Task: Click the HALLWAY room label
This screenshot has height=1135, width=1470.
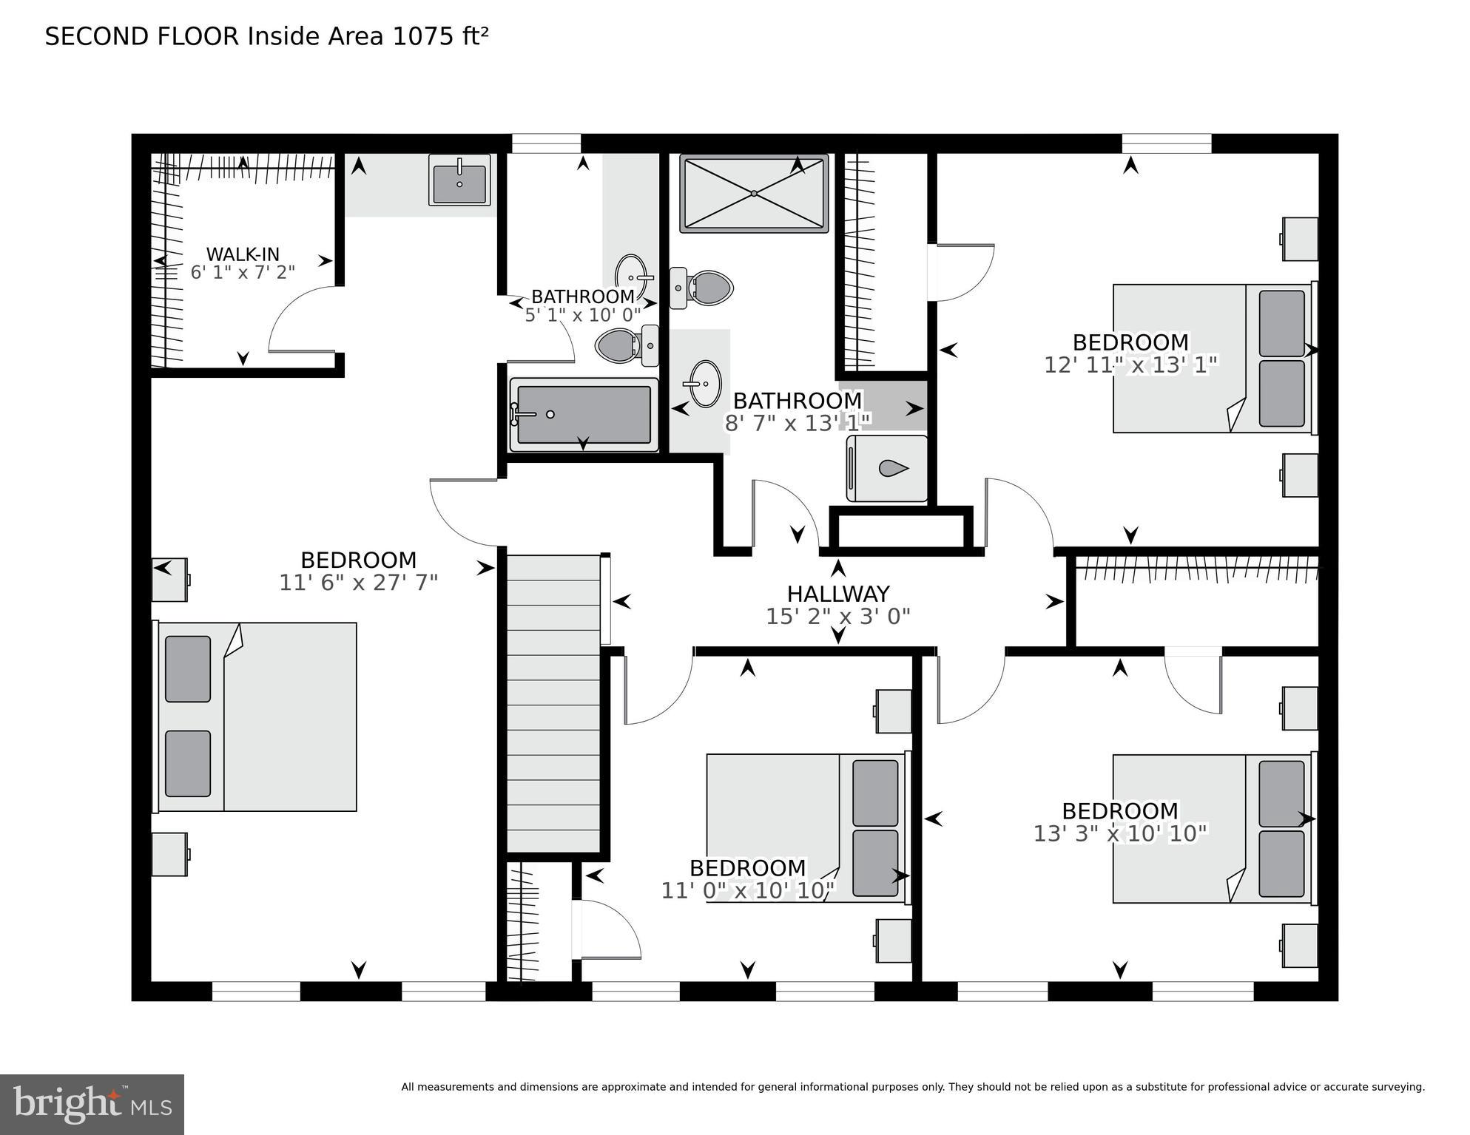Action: coord(837,594)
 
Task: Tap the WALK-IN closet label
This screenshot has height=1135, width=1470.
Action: coord(243,254)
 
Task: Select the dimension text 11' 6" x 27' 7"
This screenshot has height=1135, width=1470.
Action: coord(358,583)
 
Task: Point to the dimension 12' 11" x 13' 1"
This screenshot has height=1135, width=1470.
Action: coord(1130,365)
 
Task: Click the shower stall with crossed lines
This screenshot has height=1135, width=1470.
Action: coord(753,194)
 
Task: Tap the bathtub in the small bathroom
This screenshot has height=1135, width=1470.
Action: coord(583,415)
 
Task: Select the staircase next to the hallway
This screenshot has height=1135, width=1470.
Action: coord(553,702)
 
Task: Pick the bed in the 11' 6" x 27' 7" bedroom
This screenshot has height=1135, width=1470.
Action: coord(255,716)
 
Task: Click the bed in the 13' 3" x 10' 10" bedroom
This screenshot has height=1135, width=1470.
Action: coord(1213,828)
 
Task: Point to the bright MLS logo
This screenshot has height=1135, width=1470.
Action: coord(92,1105)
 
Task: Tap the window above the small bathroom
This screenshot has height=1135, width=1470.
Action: coord(546,143)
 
